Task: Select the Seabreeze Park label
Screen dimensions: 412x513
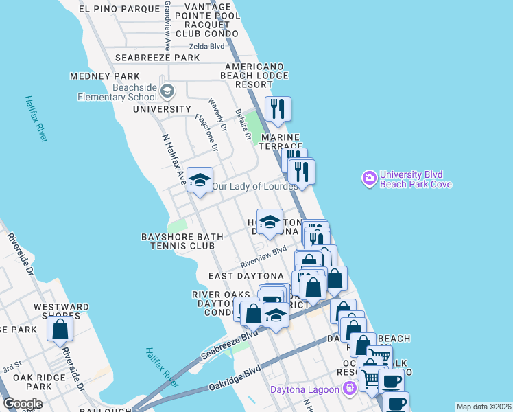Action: click(x=157, y=58)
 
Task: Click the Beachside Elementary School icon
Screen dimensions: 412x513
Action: click(x=167, y=91)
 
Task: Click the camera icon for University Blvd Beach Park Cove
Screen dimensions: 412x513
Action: click(x=370, y=179)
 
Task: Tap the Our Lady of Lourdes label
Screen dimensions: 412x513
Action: click(x=254, y=186)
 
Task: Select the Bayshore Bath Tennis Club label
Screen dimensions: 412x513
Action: click(x=182, y=241)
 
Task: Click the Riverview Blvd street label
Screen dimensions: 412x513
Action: click(x=263, y=258)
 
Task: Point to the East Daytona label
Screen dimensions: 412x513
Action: click(x=246, y=276)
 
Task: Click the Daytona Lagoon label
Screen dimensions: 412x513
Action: click(x=304, y=390)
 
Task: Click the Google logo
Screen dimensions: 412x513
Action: click(x=23, y=404)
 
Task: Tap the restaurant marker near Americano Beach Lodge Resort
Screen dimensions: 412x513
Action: click(x=278, y=109)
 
